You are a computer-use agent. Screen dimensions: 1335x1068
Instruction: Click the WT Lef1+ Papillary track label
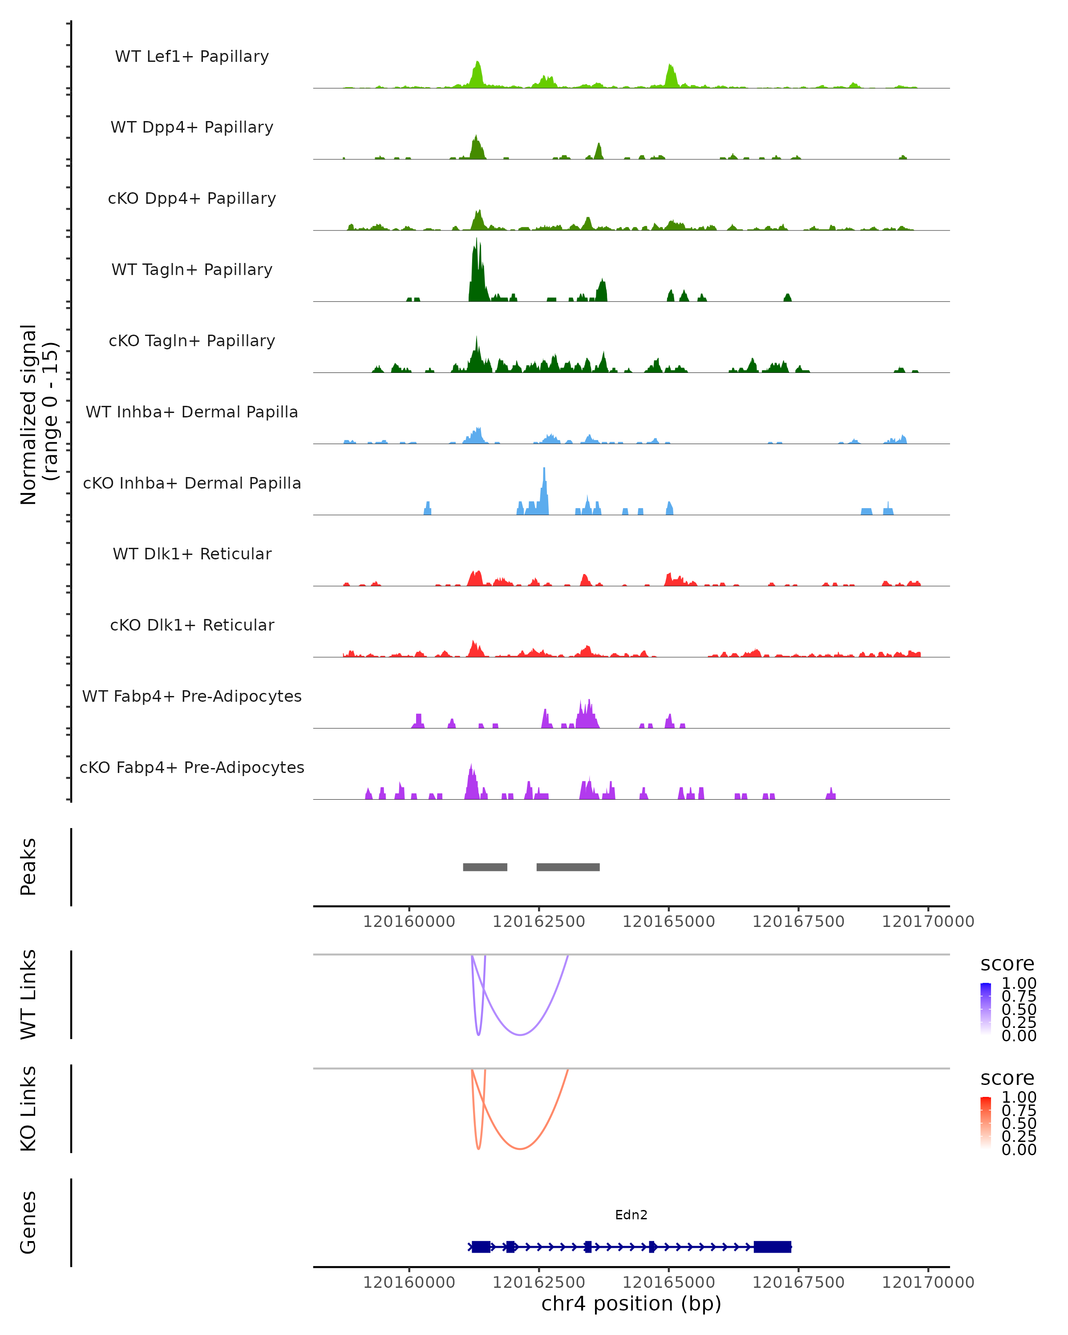point(192,57)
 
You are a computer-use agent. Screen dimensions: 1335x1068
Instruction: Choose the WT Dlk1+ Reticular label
point(192,554)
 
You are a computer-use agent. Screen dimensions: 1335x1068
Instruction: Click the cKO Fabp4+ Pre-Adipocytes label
point(192,767)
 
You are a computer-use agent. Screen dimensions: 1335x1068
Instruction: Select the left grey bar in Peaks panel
point(485,867)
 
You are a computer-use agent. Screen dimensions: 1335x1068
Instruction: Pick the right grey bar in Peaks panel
point(568,867)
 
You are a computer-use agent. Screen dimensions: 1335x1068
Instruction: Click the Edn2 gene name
point(631,1215)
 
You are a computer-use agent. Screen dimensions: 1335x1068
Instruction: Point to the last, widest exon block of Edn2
point(772,1246)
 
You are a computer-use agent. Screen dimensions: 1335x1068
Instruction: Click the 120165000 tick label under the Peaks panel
point(669,922)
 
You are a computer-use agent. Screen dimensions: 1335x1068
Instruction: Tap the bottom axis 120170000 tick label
point(927,1282)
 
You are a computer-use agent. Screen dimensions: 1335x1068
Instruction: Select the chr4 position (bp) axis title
point(631,1304)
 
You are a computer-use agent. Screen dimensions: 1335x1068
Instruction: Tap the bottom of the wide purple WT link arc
point(520,1035)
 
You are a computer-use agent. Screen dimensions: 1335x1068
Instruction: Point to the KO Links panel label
point(28,1108)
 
